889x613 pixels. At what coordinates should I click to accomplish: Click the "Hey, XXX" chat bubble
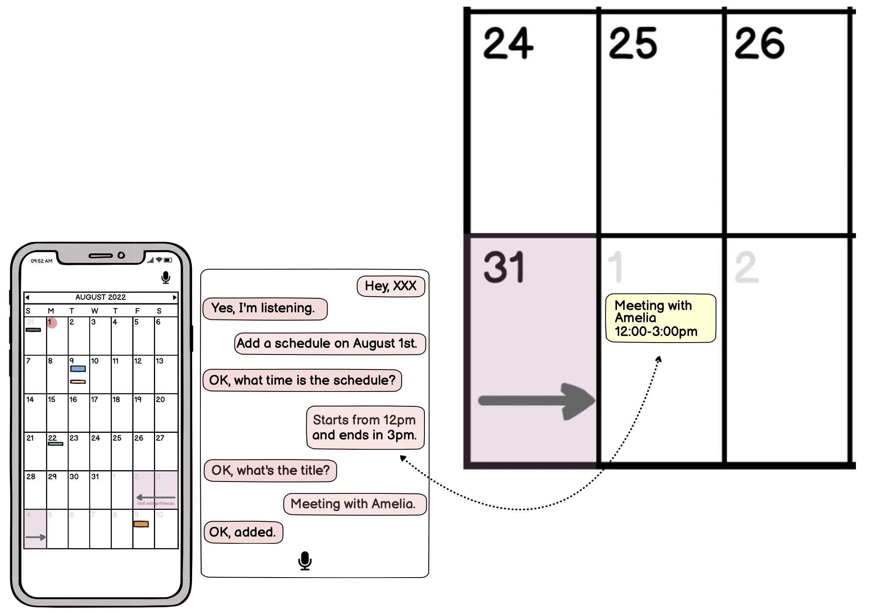click(x=391, y=286)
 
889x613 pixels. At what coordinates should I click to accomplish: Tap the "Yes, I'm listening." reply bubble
click(x=265, y=308)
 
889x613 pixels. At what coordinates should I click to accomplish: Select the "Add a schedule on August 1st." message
click(x=330, y=343)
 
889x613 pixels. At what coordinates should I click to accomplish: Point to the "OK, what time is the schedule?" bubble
click(x=302, y=380)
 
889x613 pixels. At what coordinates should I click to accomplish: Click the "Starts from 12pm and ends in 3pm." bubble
click(x=365, y=428)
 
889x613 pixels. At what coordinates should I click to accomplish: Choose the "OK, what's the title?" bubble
click(x=270, y=471)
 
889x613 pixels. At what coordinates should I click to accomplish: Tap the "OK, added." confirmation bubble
click(x=243, y=532)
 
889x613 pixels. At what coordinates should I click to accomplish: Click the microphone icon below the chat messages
click(x=305, y=561)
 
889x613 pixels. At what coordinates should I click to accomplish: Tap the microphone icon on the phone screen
click(x=166, y=278)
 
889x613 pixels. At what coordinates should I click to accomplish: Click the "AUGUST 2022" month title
click(x=101, y=297)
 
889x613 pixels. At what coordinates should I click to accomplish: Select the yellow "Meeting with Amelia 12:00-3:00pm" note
click(x=660, y=318)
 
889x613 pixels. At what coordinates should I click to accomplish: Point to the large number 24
click(x=508, y=43)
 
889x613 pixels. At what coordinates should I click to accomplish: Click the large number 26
click(x=759, y=43)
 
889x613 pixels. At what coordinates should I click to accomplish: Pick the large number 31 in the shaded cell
click(x=504, y=268)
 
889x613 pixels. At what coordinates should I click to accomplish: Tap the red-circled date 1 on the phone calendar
click(x=52, y=323)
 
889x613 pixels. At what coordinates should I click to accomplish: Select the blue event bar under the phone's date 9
click(x=78, y=369)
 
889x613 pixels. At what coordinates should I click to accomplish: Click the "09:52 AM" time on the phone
click(x=42, y=261)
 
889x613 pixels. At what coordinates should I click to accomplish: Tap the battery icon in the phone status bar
click(x=168, y=260)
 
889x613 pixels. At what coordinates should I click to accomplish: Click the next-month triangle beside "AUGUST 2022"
click(x=175, y=297)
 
